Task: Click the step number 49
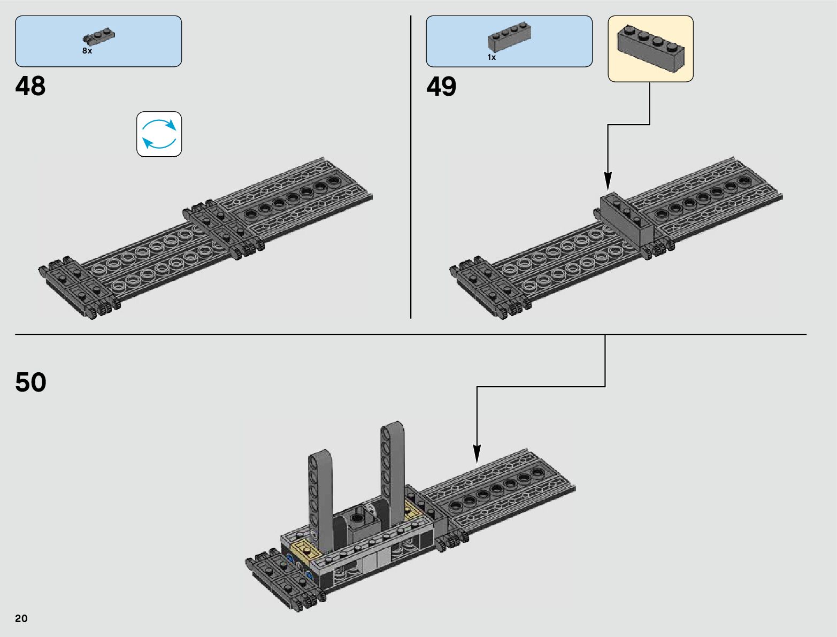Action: coord(441,86)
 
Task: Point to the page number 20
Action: coord(21,618)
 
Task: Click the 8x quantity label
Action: coord(87,51)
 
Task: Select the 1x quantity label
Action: coord(492,57)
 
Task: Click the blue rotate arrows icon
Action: coord(159,134)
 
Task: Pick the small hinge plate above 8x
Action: coord(99,37)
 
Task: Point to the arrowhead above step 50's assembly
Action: coord(477,454)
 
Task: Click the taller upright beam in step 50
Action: coord(393,473)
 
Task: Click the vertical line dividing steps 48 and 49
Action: coord(411,167)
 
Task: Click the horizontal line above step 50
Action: coord(411,334)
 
